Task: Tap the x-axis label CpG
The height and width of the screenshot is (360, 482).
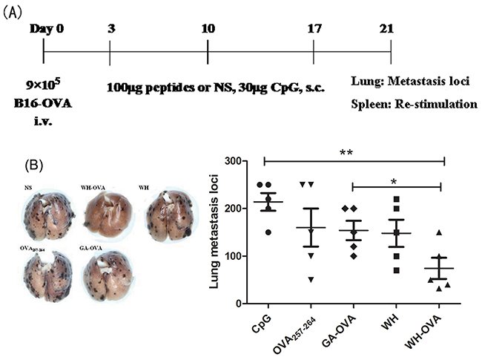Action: click(x=257, y=326)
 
